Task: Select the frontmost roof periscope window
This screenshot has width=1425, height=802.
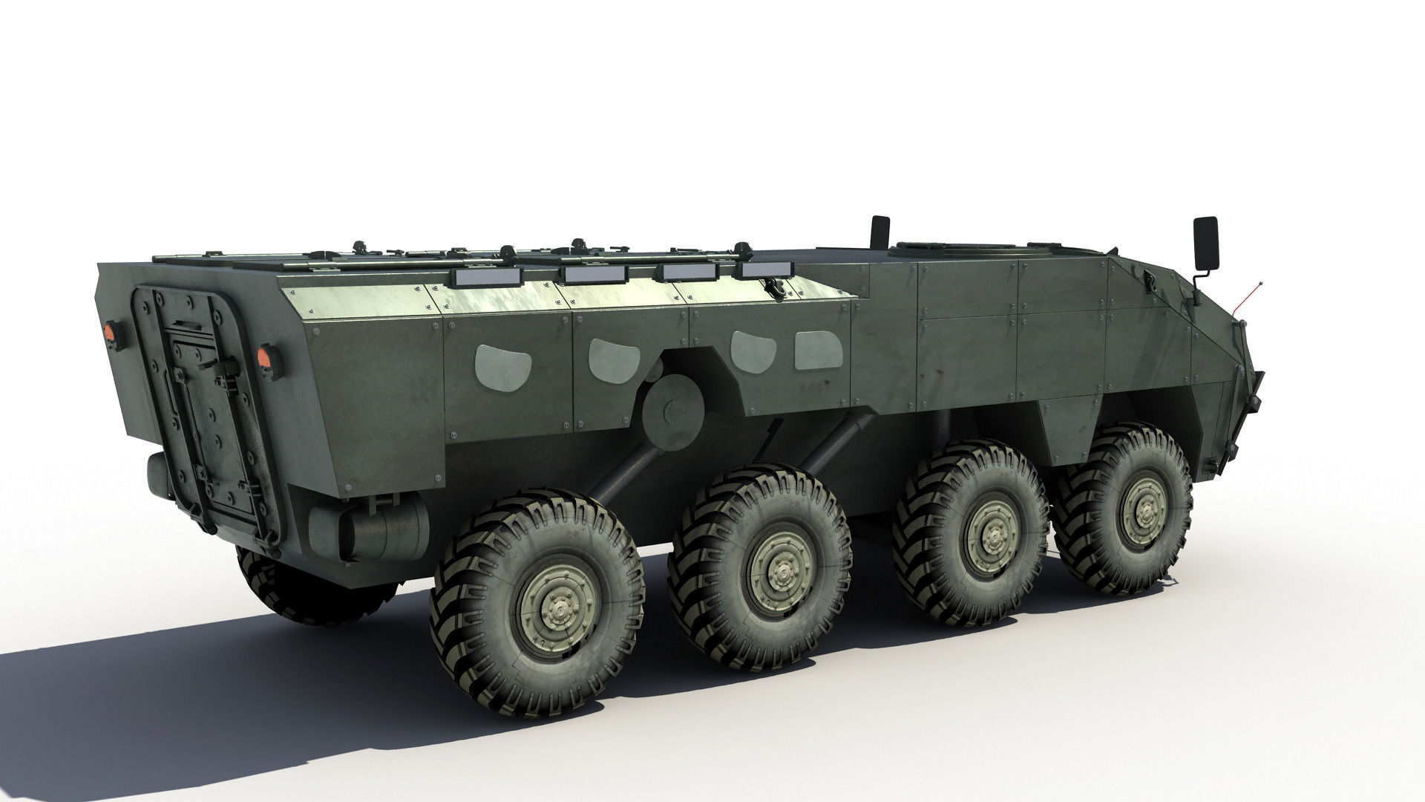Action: click(x=764, y=269)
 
